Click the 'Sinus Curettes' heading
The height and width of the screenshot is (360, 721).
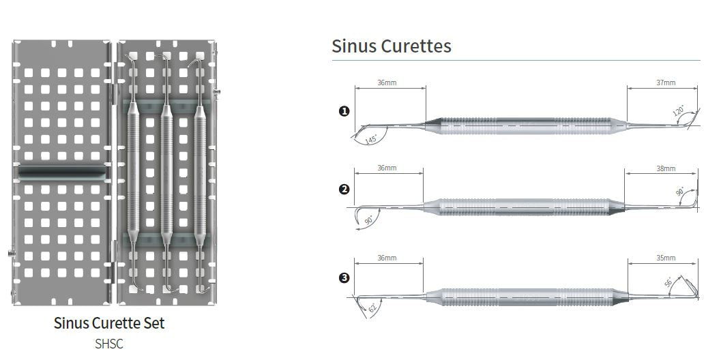pyautogui.click(x=392, y=46)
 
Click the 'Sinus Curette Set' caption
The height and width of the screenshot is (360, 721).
pyautogui.click(x=109, y=322)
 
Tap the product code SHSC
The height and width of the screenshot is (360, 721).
pyautogui.click(x=109, y=344)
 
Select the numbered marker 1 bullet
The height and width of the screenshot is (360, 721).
pyautogui.click(x=344, y=111)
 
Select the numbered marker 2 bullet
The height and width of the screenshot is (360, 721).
pyautogui.click(x=344, y=190)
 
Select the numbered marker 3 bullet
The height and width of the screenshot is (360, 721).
pyautogui.click(x=344, y=278)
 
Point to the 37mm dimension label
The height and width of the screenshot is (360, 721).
pyautogui.click(x=666, y=82)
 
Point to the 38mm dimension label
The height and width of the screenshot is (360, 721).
pyautogui.click(x=666, y=168)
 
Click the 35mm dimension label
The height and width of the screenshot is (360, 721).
pyautogui.click(x=666, y=258)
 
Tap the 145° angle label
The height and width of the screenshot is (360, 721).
pyautogui.click(x=370, y=139)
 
